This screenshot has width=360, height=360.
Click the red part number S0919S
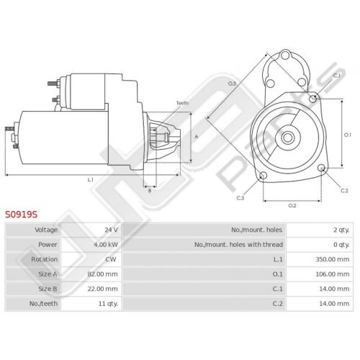click(22, 215)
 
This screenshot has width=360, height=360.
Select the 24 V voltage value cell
click(111, 230)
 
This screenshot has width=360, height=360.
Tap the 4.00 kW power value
click(106, 245)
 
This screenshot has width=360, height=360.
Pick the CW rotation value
click(111, 259)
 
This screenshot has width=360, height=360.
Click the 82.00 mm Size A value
click(102, 274)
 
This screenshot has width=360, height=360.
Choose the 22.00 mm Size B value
click(102, 289)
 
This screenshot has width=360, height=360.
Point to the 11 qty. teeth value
click(108, 304)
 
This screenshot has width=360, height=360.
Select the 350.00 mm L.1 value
click(333, 259)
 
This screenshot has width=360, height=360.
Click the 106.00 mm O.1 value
click(333, 274)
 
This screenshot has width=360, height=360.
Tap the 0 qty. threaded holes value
click(341, 245)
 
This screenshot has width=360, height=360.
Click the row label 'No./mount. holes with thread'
click(238, 245)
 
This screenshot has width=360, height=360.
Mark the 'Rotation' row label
click(44, 259)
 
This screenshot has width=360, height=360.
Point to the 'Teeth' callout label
click(182, 103)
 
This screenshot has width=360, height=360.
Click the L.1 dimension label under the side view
click(91, 180)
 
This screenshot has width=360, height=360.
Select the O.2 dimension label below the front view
click(292, 206)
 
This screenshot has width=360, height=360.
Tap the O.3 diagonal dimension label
click(232, 84)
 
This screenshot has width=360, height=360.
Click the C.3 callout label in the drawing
click(240, 198)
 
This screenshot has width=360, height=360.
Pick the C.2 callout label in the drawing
click(344, 191)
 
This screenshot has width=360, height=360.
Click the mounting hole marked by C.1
click(313, 99)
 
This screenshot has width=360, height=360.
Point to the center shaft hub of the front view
click(287, 138)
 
